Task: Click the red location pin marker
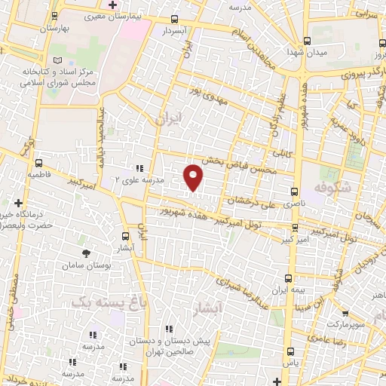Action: pos(194,176)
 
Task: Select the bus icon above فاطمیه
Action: pos(38,162)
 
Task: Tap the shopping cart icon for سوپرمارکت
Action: pos(345,314)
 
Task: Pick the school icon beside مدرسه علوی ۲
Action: pos(139,169)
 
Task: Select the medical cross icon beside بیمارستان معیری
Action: pos(112,5)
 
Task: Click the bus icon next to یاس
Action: pos(292,351)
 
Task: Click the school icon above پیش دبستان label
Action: pos(170,328)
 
